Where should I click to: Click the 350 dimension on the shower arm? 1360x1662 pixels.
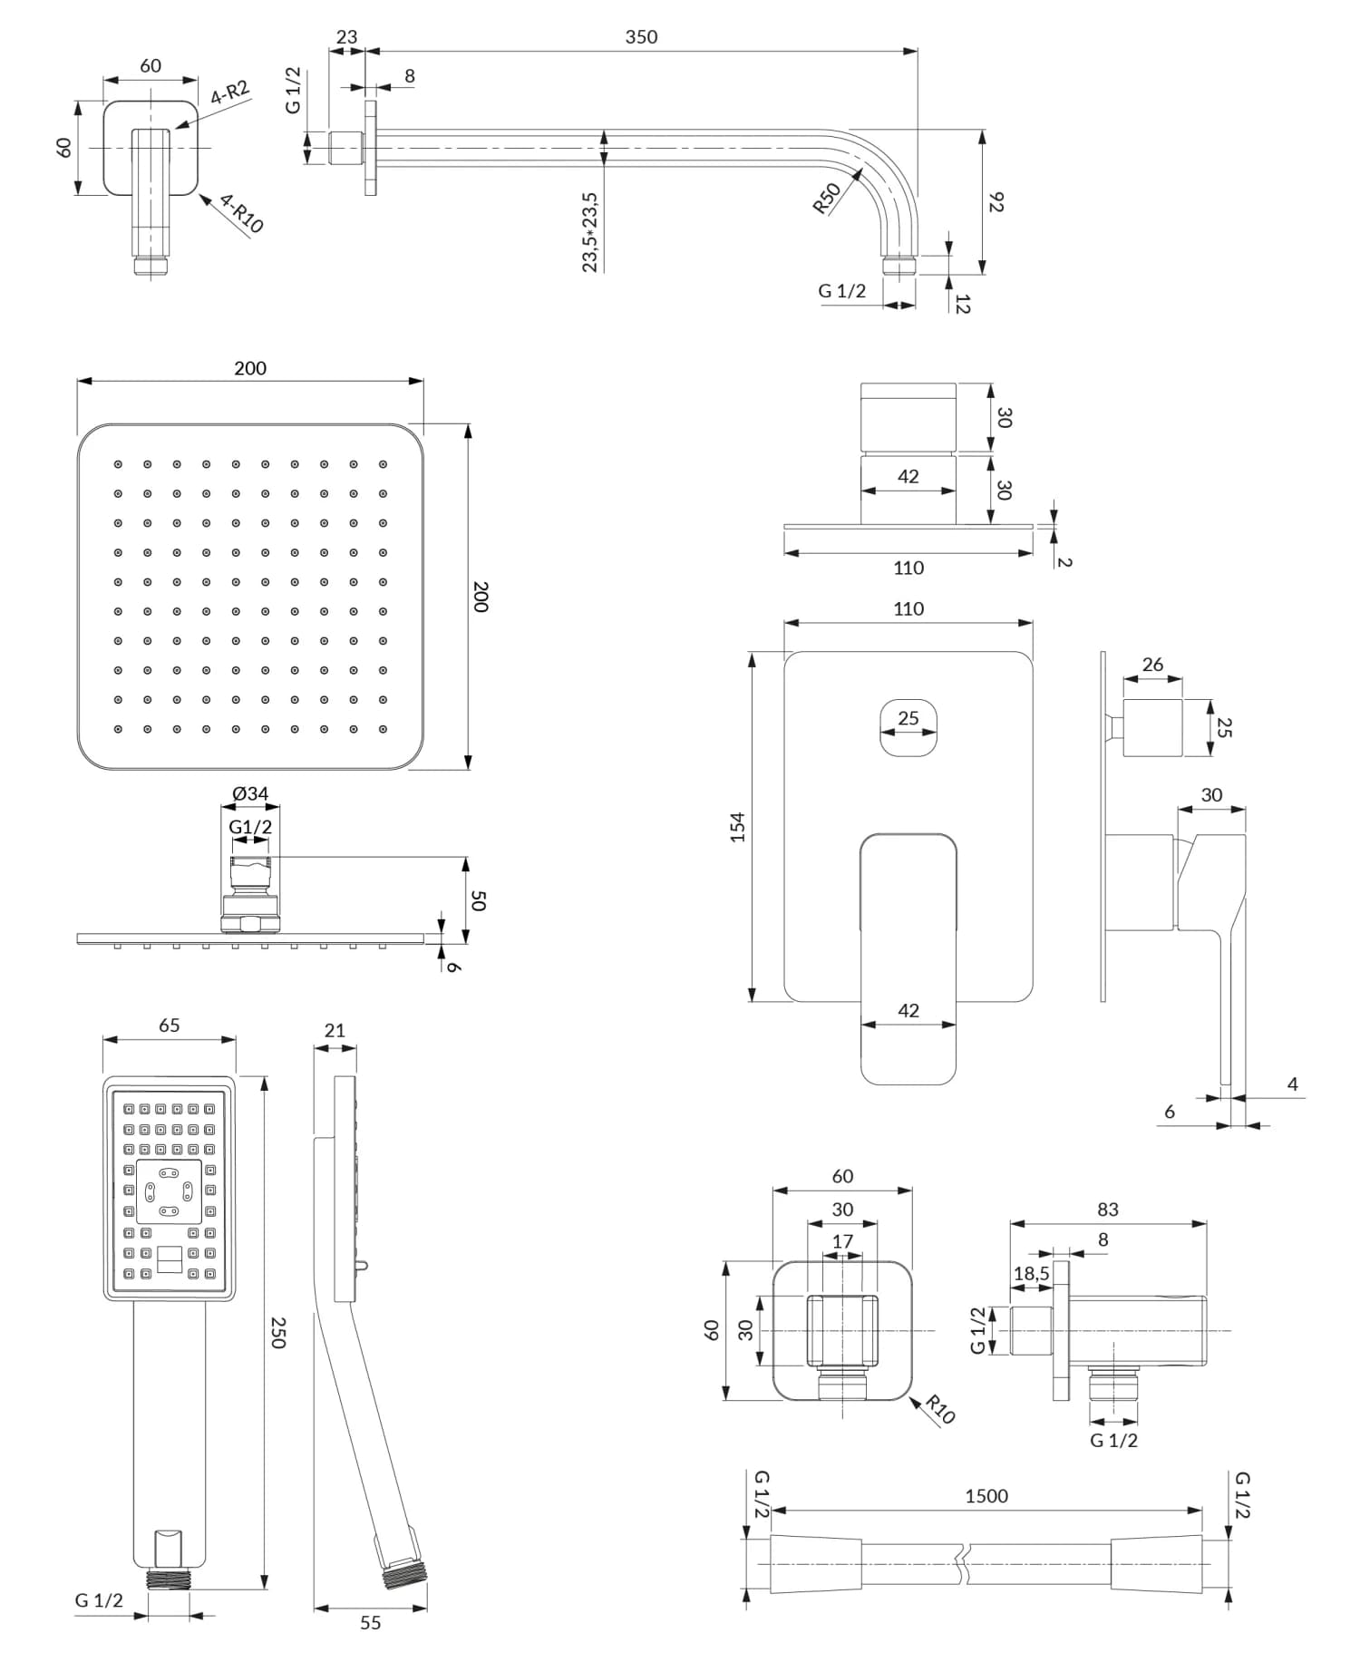point(641,37)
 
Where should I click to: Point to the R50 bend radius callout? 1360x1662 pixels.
point(826,199)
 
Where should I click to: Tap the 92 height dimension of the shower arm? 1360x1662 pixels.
point(996,201)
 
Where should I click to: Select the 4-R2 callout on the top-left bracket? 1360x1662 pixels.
point(229,93)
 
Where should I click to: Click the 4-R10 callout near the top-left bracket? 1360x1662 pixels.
point(241,214)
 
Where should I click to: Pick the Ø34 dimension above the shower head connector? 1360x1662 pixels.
point(250,794)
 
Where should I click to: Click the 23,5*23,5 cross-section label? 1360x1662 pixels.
point(590,231)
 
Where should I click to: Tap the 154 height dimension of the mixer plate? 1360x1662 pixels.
point(737,827)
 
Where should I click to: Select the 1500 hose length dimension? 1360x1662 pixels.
point(986,1496)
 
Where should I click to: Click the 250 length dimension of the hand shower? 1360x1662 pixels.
point(278,1332)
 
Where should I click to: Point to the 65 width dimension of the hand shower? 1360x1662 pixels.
point(169,1025)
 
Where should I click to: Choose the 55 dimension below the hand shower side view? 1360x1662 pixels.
point(370,1622)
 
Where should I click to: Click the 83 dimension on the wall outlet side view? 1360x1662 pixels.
point(1107,1210)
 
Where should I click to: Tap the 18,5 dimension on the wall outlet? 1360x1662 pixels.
point(1031,1274)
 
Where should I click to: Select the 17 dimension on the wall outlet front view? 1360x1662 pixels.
point(842,1241)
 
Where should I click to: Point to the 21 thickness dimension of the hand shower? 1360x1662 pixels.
point(335,1030)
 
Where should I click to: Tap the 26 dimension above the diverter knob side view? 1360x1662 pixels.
point(1152,665)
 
